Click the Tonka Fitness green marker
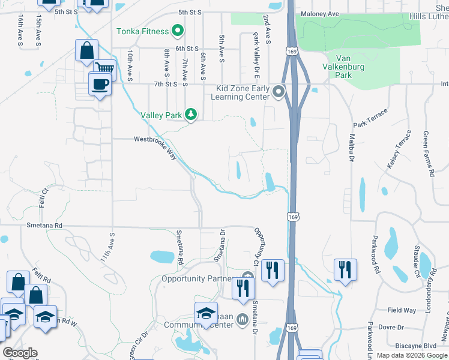tap(178, 30)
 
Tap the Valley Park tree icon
tap(191, 114)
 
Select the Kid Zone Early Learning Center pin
tap(278, 92)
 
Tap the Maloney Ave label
tap(322, 13)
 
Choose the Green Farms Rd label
tap(427, 154)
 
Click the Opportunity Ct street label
tap(259, 245)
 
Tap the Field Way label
tap(402, 310)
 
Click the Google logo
tap(20, 353)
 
